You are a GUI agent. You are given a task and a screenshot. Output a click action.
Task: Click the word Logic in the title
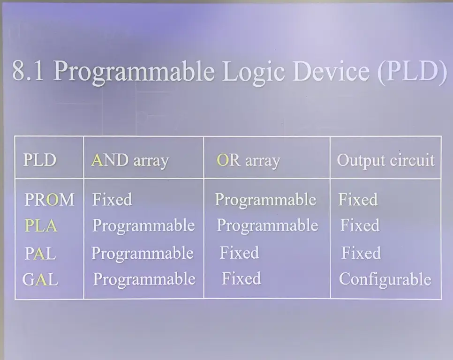[253, 72]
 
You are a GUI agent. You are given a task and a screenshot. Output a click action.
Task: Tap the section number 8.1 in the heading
[28, 71]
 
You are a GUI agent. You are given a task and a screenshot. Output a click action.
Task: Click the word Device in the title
[331, 71]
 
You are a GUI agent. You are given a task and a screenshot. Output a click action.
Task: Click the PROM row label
[49, 200]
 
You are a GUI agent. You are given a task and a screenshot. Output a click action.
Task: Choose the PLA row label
[41, 225]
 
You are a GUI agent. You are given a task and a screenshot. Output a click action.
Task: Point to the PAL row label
[40, 254]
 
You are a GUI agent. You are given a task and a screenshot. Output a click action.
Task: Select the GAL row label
[40, 279]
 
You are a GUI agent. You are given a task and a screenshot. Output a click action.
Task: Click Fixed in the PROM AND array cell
[112, 199]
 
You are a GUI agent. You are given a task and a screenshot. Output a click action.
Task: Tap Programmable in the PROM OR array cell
[265, 200]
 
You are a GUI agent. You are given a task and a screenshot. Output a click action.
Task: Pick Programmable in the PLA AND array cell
[143, 225]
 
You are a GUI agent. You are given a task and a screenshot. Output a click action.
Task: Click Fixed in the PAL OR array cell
[239, 253]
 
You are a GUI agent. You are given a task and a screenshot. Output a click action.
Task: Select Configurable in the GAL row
[385, 279]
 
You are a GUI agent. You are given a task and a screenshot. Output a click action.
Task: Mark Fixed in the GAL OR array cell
[241, 278]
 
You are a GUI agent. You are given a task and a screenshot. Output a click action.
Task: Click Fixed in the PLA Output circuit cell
[360, 225]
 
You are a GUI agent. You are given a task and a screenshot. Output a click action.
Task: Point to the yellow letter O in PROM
[53, 200]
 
